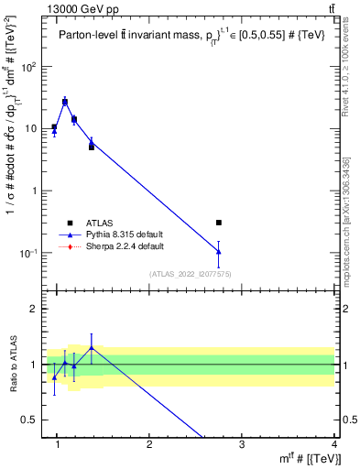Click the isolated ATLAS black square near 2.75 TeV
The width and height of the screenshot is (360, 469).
click(x=218, y=223)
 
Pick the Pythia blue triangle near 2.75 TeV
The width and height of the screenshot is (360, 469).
click(x=218, y=251)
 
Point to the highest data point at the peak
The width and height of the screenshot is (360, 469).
click(x=65, y=102)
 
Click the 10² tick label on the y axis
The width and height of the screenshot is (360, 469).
click(x=28, y=67)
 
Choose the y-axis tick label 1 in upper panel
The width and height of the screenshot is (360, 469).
click(x=35, y=191)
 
